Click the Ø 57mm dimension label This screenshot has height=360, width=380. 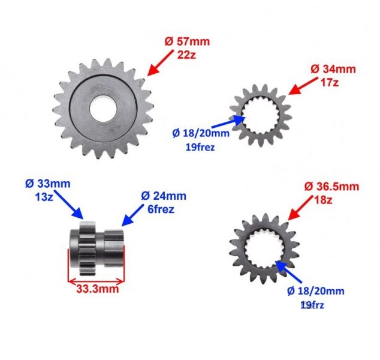pos(187,41)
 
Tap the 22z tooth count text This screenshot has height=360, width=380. pos(186,55)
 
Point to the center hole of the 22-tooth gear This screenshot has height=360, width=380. pos(103,108)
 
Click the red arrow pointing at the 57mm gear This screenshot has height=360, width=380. pos(161,63)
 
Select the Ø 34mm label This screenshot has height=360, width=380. pos(333,70)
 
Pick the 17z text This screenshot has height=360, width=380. pos(329,83)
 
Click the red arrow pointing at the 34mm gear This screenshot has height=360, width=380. pos(303,86)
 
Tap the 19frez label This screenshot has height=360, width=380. pos(200,147)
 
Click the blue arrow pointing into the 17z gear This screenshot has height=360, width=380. pos(228,122)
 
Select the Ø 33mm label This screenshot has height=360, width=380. pos(48,184)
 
